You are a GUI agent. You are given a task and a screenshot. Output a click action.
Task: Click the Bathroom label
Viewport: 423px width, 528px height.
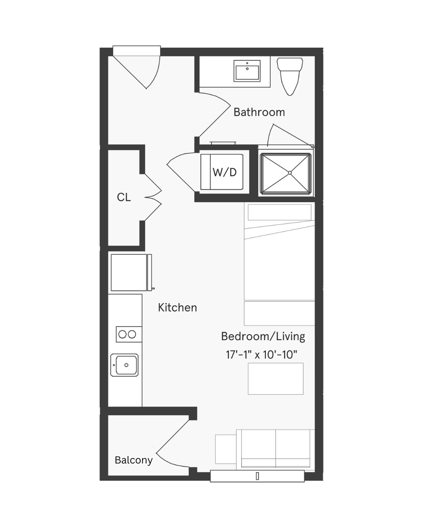click(259, 112)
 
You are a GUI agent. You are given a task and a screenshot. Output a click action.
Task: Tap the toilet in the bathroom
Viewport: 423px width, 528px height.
click(289, 76)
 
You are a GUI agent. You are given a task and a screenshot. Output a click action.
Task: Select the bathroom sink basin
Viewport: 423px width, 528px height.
click(247, 71)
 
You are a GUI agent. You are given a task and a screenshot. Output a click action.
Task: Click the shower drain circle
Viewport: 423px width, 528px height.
click(290, 173)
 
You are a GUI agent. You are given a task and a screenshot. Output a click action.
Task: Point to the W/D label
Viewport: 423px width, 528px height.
click(225, 172)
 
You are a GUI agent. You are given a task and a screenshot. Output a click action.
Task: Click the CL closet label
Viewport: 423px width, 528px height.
click(124, 197)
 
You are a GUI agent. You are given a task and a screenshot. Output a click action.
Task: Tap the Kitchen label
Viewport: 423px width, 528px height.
click(177, 307)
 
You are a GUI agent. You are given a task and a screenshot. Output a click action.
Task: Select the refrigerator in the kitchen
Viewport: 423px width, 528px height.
click(131, 272)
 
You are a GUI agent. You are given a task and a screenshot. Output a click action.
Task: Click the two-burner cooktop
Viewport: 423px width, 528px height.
click(129, 334)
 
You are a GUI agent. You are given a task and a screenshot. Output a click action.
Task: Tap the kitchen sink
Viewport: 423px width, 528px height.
click(125, 365)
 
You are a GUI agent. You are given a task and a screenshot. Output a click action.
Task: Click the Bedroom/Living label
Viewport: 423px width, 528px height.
click(263, 337)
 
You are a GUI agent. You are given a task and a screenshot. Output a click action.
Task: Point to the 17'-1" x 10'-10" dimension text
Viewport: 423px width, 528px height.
click(262, 354)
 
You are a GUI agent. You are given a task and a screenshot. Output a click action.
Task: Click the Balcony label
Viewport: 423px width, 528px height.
click(134, 460)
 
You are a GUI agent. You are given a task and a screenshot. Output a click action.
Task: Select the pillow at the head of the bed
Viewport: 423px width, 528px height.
click(280, 212)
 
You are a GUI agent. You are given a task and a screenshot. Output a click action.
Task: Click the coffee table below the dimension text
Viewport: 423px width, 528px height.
click(275, 379)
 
